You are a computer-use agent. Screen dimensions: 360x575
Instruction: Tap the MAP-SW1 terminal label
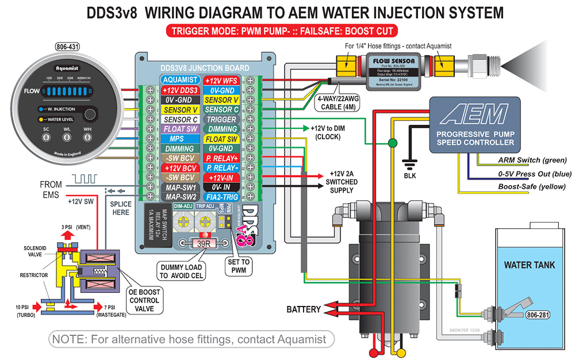(x=180, y=187)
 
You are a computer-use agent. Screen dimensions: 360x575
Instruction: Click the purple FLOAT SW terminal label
(x=180, y=129)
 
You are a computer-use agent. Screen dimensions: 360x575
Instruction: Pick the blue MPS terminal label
(x=180, y=139)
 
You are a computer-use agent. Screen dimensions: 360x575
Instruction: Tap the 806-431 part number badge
(x=68, y=47)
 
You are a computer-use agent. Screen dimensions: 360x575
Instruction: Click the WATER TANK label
(x=529, y=265)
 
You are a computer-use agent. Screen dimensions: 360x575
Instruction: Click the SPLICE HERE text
(x=121, y=208)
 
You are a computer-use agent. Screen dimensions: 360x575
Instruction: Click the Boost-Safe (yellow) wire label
(x=531, y=186)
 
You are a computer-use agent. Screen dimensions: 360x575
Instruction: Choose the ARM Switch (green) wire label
(x=531, y=160)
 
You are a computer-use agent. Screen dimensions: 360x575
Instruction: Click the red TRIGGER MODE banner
(x=282, y=31)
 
